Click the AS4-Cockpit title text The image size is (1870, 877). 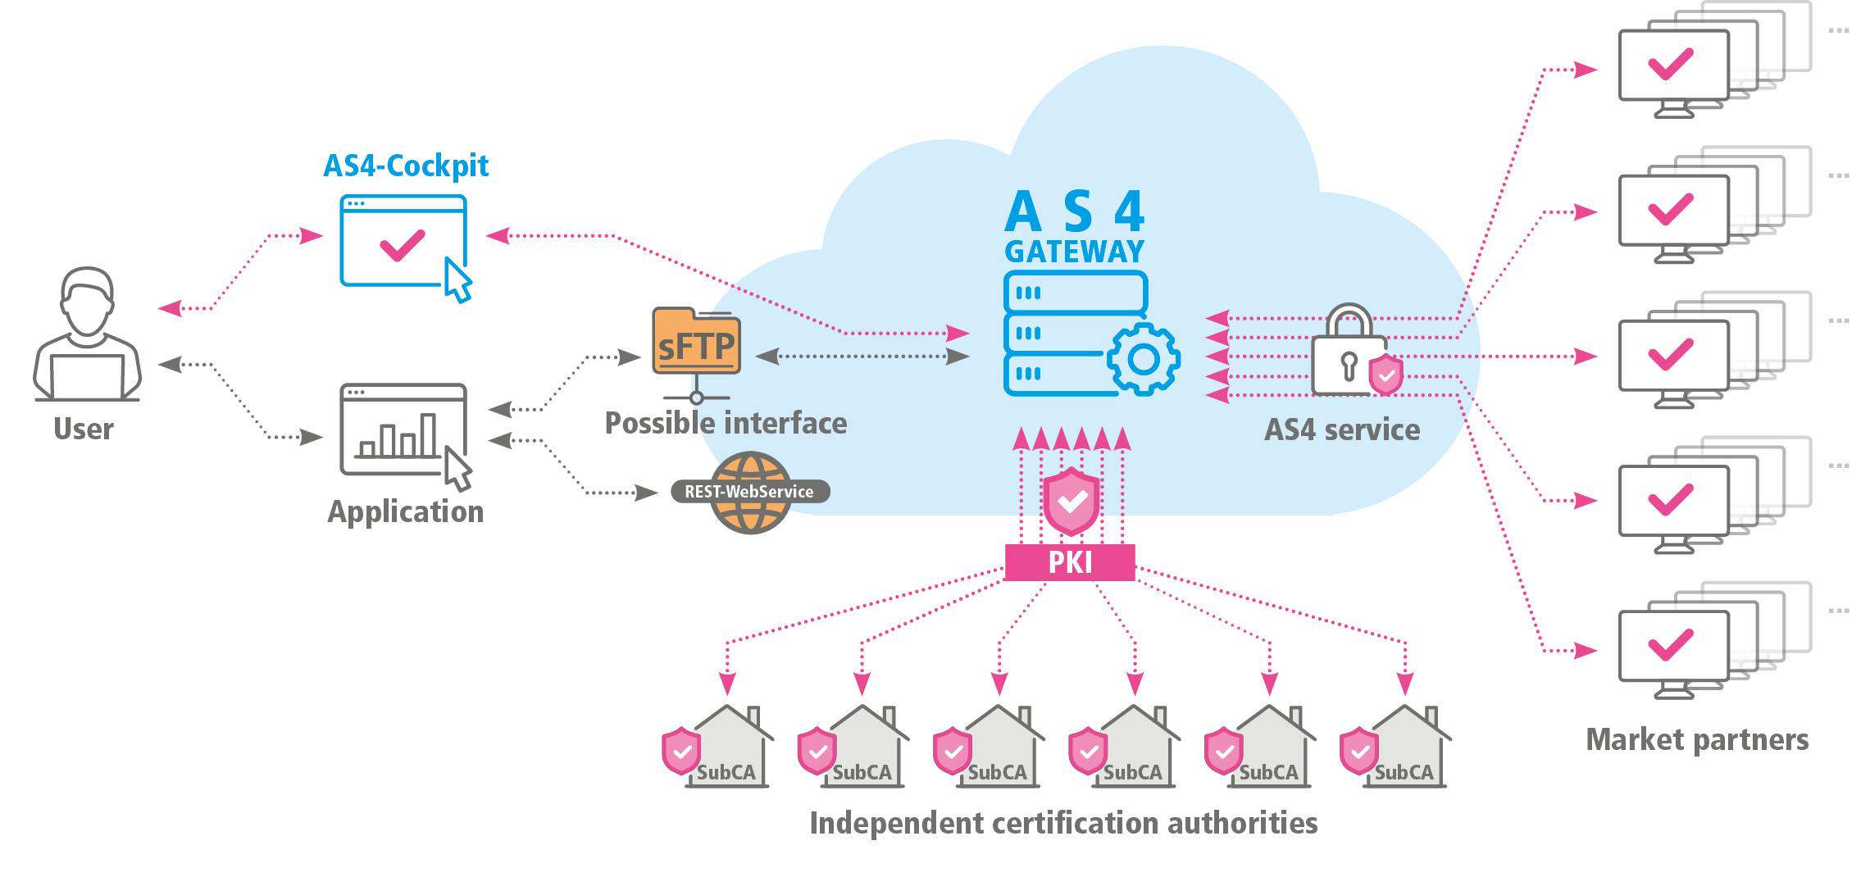click(x=406, y=166)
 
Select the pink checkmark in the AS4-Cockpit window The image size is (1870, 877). click(x=403, y=245)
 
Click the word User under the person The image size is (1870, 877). click(x=84, y=429)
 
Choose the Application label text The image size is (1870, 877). click(x=406, y=511)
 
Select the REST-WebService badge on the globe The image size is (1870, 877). click(x=749, y=492)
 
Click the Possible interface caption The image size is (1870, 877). click(x=726, y=423)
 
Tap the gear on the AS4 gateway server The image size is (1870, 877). click(x=1143, y=359)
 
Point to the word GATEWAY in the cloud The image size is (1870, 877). click(x=1075, y=252)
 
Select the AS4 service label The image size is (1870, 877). click(x=1342, y=429)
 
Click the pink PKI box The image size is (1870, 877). click(x=1070, y=562)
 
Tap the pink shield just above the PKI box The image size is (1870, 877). click(x=1071, y=502)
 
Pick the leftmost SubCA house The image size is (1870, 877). click(x=726, y=747)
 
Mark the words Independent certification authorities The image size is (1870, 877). click(x=1063, y=823)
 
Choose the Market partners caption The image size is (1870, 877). click(x=1697, y=739)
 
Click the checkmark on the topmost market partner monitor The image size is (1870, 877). click(x=1671, y=64)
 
